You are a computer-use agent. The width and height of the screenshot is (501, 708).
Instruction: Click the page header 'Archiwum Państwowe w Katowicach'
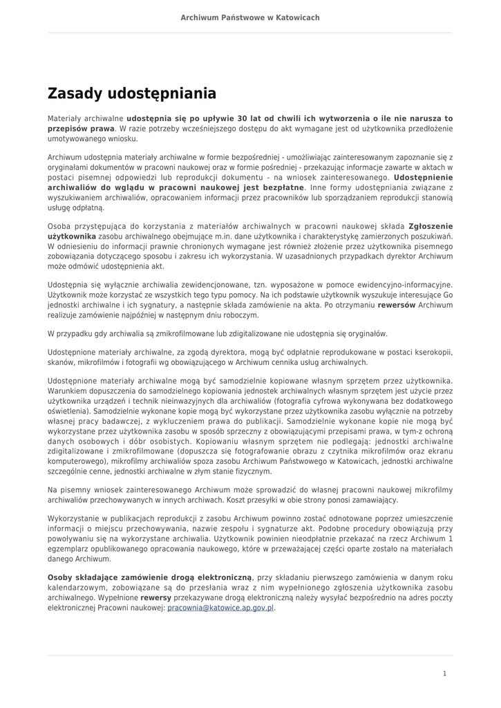pyautogui.click(x=250, y=17)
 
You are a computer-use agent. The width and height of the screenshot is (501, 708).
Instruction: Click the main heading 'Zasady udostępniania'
pyautogui.click(x=131, y=93)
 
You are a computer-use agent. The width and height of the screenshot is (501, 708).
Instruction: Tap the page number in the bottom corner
pyautogui.click(x=445, y=673)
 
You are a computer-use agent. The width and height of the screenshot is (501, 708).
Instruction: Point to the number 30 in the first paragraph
pyautogui.click(x=242, y=119)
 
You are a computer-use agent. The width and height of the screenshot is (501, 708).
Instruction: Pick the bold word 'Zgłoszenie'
pyautogui.click(x=431, y=226)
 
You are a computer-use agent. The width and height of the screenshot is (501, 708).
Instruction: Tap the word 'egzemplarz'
pyautogui.click(x=68, y=548)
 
